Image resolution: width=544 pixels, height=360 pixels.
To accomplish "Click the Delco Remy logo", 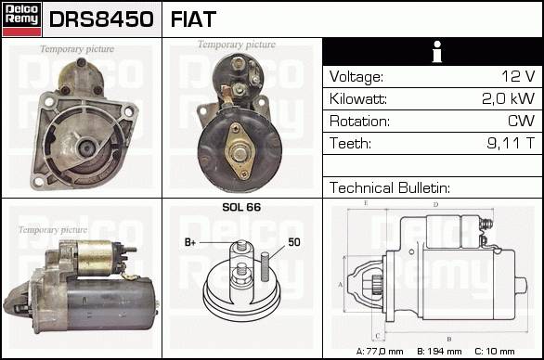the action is click(x=21, y=19).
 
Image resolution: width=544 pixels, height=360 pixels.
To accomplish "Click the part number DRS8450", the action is click(x=101, y=19).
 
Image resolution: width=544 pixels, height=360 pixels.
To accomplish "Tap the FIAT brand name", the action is click(x=193, y=19).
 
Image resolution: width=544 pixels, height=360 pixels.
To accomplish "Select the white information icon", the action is click(x=437, y=52).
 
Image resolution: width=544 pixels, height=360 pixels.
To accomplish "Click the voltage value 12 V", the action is click(x=518, y=76).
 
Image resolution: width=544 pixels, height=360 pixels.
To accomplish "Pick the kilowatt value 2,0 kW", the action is click(x=509, y=98).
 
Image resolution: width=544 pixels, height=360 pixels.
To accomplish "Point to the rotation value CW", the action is click(x=522, y=121).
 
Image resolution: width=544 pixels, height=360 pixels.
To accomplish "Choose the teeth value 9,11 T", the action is click(x=511, y=143).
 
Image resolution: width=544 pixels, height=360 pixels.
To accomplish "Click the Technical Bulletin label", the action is click(x=390, y=188).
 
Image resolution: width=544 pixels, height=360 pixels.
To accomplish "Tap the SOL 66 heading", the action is click(x=241, y=207).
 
